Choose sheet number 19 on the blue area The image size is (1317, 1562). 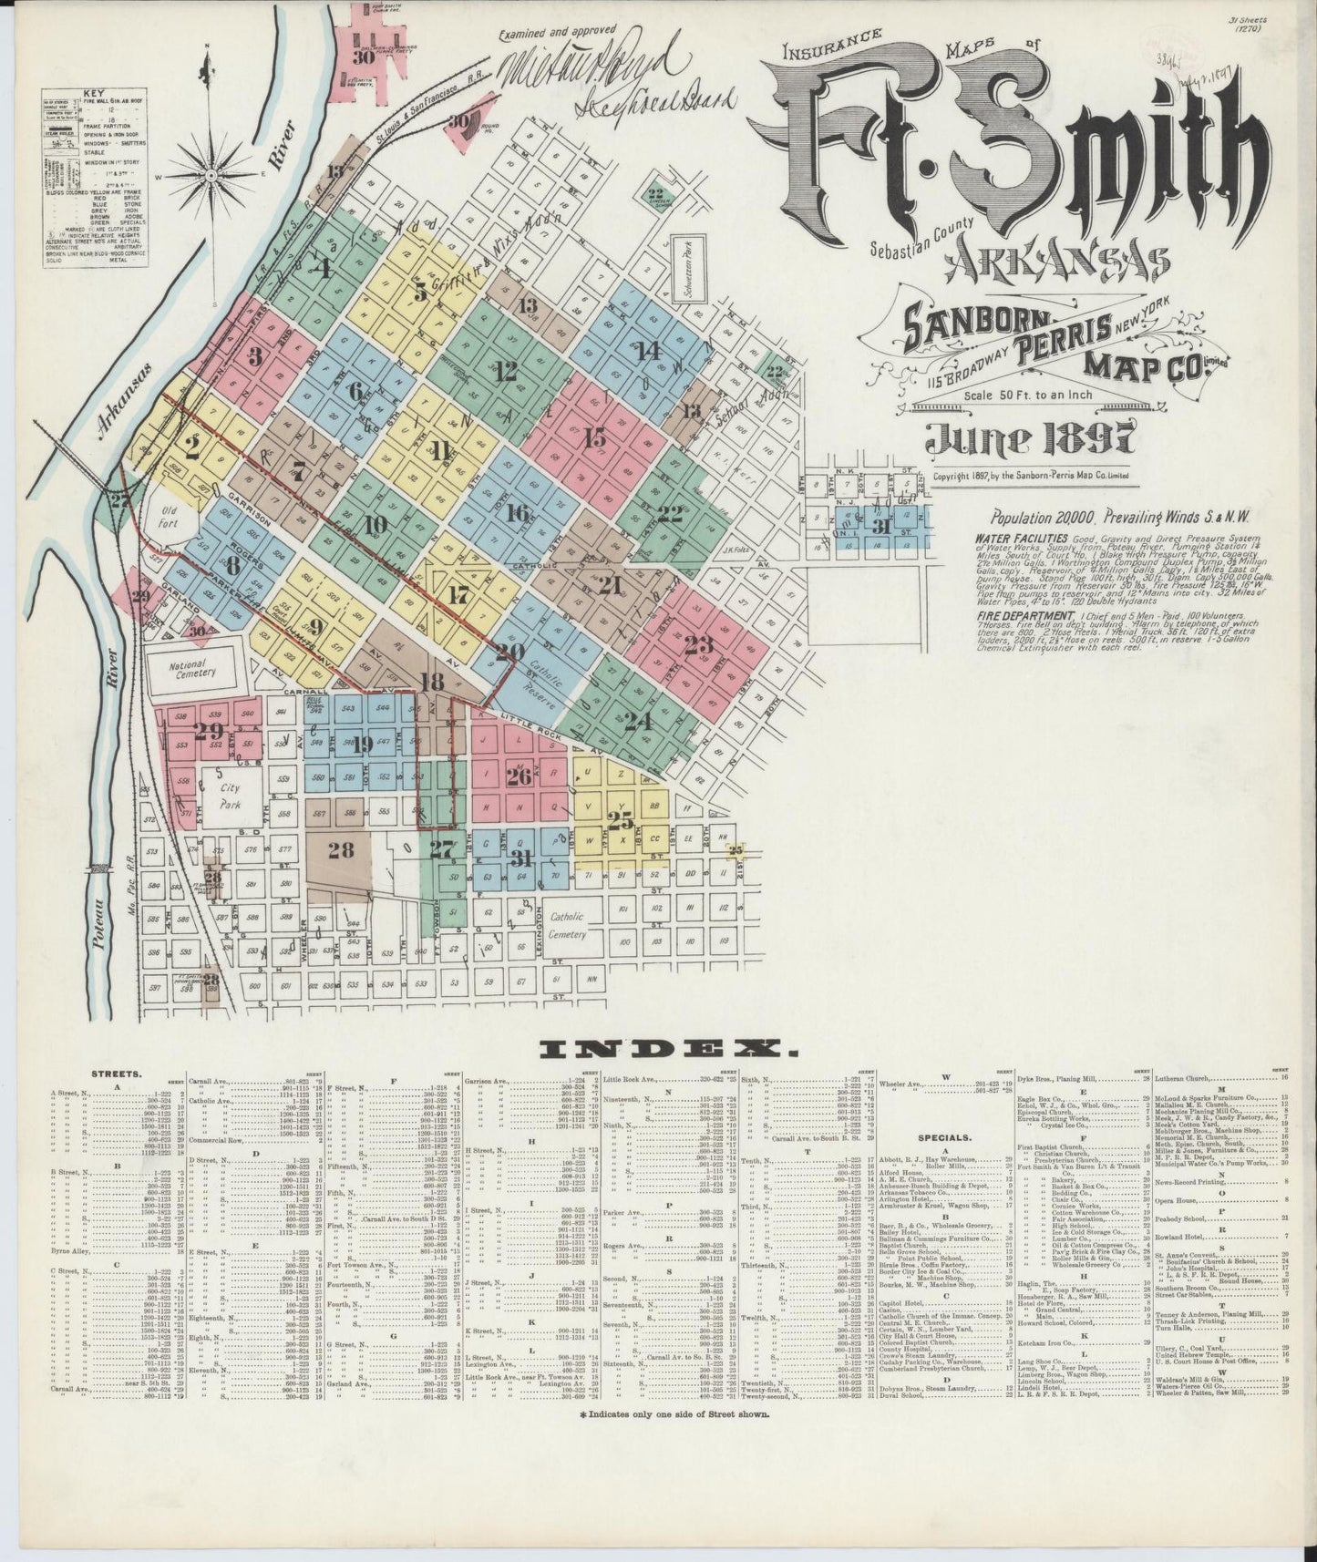click(362, 744)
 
